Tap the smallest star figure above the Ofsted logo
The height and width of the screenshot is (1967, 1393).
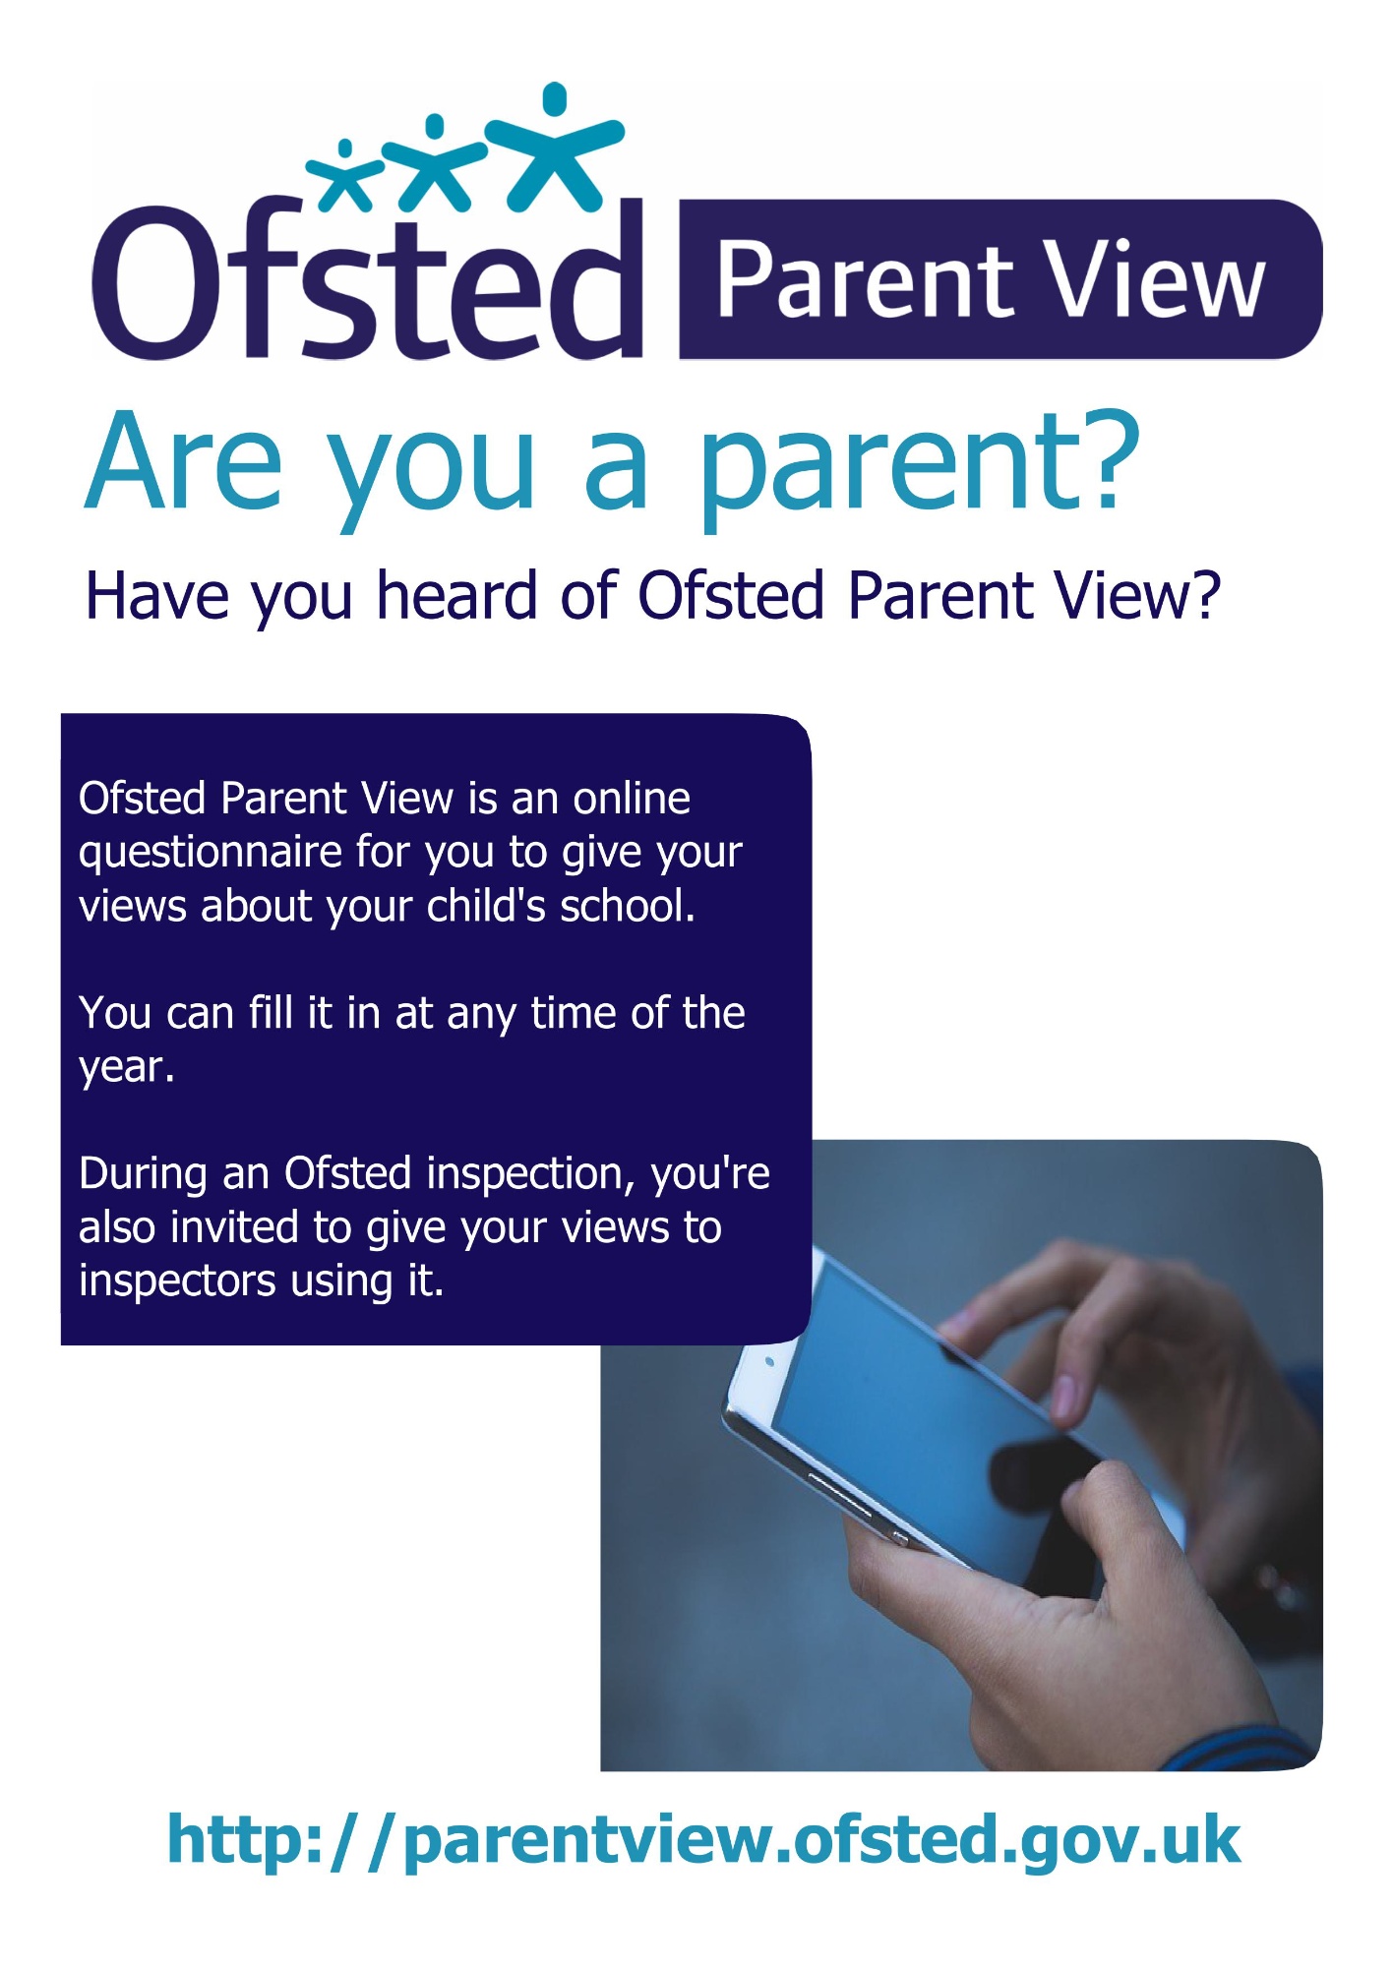346,178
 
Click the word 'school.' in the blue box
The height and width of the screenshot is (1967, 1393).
628,906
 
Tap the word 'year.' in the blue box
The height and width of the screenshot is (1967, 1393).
127,1068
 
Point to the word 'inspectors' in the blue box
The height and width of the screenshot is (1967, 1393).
162,1282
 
